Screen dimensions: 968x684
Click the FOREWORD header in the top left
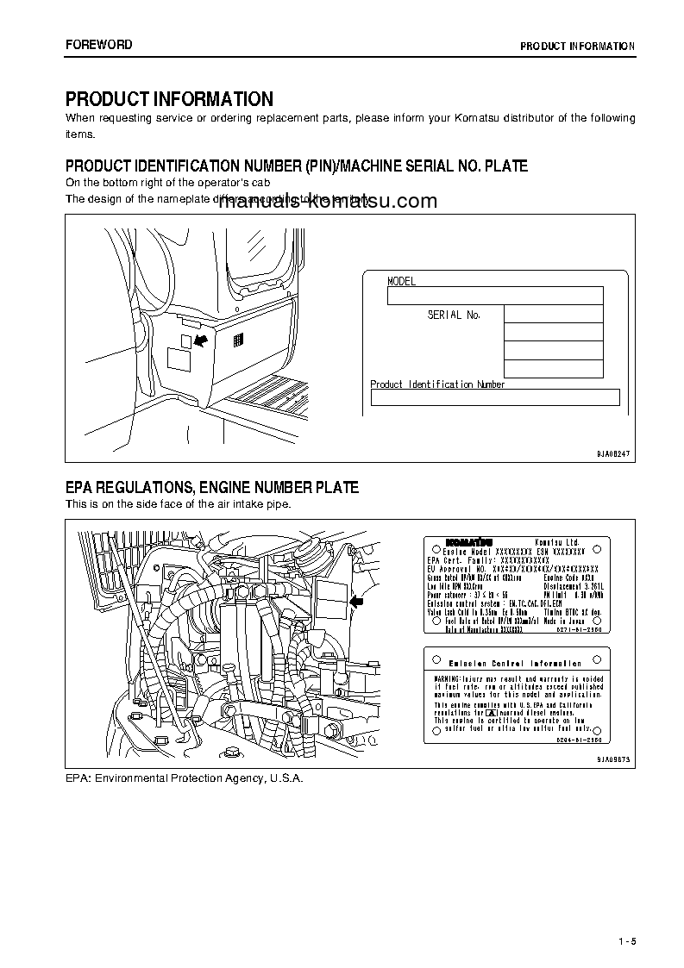pos(99,45)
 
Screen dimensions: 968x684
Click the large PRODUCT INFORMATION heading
pos(169,99)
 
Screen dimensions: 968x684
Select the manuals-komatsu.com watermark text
pos(323,203)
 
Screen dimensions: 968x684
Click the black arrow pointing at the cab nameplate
pos(201,341)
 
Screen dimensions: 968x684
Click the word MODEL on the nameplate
pos(401,282)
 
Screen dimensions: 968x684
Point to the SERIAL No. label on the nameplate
pos(454,315)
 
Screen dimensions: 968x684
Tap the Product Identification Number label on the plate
pos(437,384)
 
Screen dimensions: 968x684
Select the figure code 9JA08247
pos(613,453)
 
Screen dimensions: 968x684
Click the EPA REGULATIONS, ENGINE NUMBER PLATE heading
pos(212,488)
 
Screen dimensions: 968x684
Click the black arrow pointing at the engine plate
pos(356,603)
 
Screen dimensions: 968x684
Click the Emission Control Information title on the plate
pos(516,664)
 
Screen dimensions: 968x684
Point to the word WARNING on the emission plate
pos(449,679)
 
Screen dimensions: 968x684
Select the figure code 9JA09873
pos(613,759)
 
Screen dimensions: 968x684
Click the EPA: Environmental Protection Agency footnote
pos(185,777)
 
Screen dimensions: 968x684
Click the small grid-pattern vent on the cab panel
pos(238,340)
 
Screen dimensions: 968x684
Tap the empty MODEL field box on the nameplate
pos(494,297)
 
